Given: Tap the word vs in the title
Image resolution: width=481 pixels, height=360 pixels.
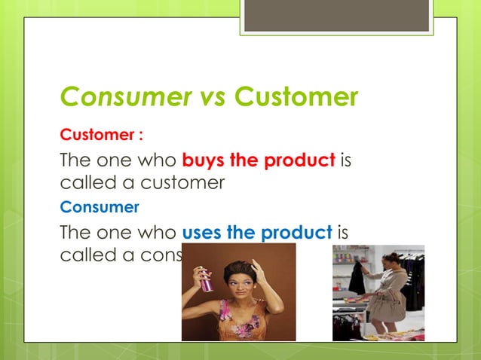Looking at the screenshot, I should coord(205,98).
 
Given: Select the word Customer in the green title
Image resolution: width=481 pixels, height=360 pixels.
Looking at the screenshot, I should coord(296,98).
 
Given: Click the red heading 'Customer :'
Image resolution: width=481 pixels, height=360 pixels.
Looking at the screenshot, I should coord(102,136).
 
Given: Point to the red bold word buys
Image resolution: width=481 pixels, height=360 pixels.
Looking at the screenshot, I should coord(204,160).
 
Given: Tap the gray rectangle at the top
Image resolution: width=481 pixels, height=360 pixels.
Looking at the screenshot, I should coord(336,15).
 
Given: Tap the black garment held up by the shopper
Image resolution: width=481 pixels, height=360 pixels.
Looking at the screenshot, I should coord(357,279).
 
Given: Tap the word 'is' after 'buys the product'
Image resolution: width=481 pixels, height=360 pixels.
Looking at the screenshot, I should coord(346,160).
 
